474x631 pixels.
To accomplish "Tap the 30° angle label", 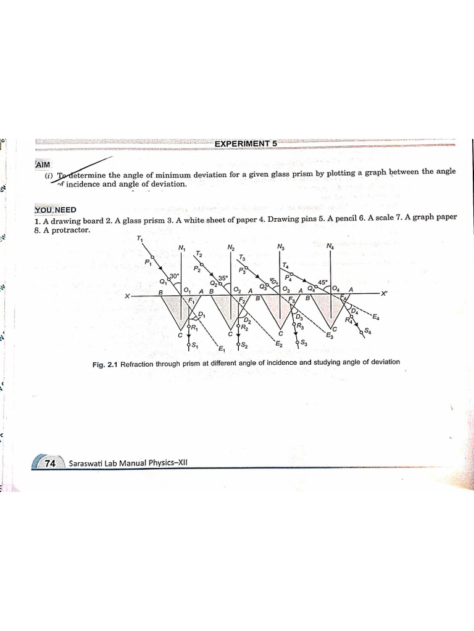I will pos(175,276).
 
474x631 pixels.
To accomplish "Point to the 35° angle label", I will pos(223,278).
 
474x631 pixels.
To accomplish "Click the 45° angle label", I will pos(322,282).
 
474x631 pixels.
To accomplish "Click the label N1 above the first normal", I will pos(181,248).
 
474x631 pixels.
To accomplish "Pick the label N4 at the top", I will pos(331,248).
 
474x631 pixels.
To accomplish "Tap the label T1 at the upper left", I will pos(139,239).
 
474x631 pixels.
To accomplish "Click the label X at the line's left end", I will pos(127,296).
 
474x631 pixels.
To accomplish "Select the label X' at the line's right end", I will pos(384,294).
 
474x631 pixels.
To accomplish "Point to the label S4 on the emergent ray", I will pos(368,332).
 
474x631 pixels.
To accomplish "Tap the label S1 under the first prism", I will pos(194,344).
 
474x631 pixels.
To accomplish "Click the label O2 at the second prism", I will pos(237,290).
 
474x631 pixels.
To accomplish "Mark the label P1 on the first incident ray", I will pos(148,263).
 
